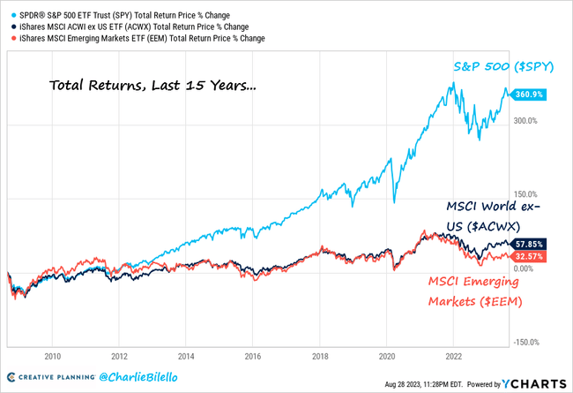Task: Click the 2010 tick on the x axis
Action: tap(52, 358)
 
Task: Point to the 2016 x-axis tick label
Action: tap(253, 358)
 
